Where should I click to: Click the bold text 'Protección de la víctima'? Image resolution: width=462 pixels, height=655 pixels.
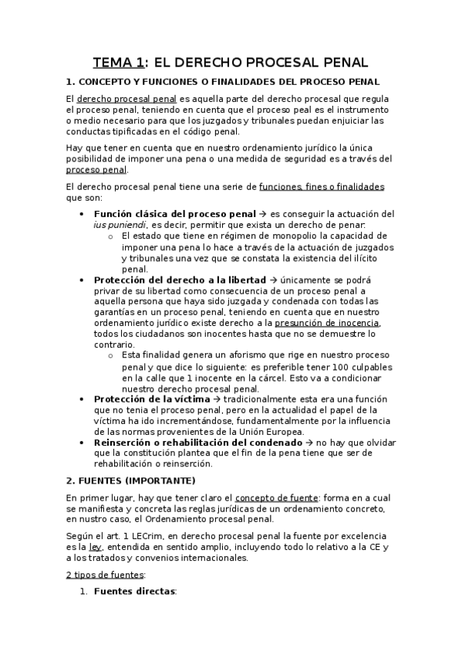point(151,399)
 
